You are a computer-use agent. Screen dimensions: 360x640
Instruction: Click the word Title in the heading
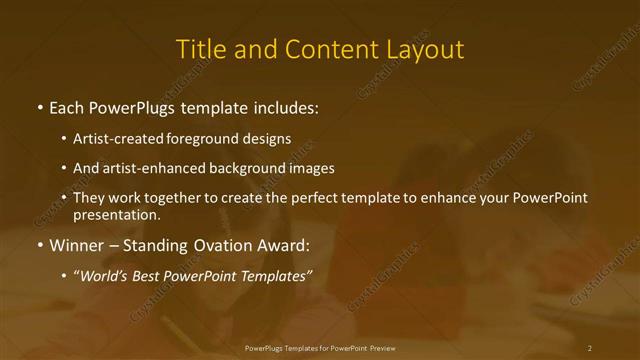(200, 49)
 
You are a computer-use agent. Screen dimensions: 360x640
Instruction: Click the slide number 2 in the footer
(590, 347)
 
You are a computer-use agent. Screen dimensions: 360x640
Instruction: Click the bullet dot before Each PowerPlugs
(39, 108)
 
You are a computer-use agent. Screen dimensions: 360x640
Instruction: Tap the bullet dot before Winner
(39, 245)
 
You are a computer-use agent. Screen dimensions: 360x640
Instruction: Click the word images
(311, 168)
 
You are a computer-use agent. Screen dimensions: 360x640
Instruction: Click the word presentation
(115, 214)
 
